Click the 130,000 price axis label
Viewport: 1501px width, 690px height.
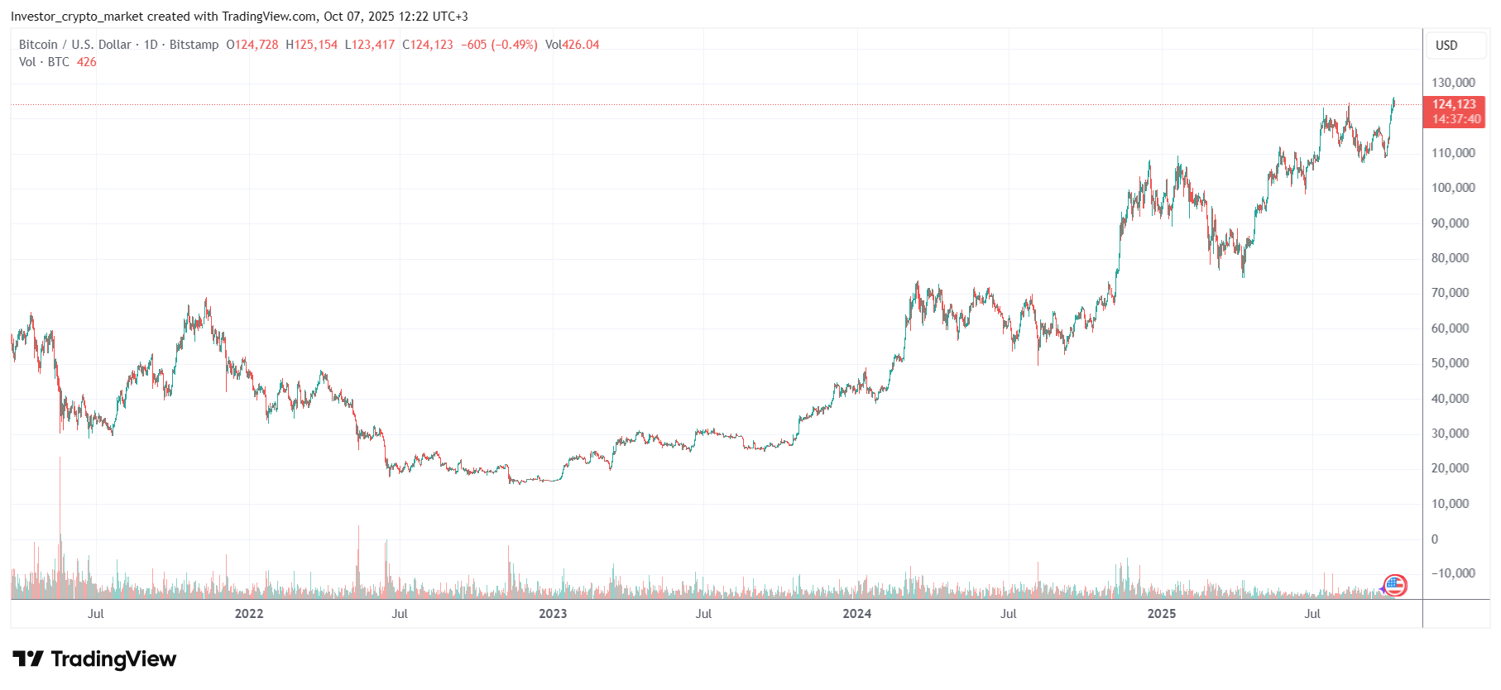pyautogui.click(x=1453, y=83)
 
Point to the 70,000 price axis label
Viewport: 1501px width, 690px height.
pyautogui.click(x=1450, y=293)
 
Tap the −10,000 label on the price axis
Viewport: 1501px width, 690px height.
pyautogui.click(x=1453, y=573)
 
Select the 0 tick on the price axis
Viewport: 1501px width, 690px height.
pyautogui.click(x=1435, y=539)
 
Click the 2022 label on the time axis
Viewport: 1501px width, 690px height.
pyautogui.click(x=249, y=614)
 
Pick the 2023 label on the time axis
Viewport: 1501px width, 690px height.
pyautogui.click(x=553, y=614)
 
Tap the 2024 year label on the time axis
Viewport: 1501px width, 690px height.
pyautogui.click(x=856, y=614)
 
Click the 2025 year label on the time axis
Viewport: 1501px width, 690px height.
pyautogui.click(x=1161, y=614)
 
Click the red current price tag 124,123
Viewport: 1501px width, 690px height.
pyautogui.click(x=1454, y=105)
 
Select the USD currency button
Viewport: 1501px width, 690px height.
pyautogui.click(x=1446, y=46)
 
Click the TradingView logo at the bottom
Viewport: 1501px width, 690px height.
pyautogui.click(x=94, y=659)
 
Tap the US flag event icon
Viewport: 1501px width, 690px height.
pyautogui.click(x=1395, y=586)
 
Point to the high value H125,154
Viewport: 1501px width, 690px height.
pyautogui.click(x=312, y=45)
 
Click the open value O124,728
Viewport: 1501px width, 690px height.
pyautogui.click(x=252, y=45)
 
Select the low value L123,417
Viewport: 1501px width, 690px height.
pyautogui.click(x=370, y=45)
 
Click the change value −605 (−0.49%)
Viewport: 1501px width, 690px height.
pyautogui.click(x=499, y=45)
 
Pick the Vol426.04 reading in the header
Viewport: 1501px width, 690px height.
pyautogui.click(x=573, y=45)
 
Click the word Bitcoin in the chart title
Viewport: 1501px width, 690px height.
pyautogui.click(x=38, y=45)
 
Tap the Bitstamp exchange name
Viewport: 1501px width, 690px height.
pyautogui.click(x=194, y=45)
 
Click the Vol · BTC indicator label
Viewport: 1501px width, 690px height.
pyautogui.click(x=45, y=62)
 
